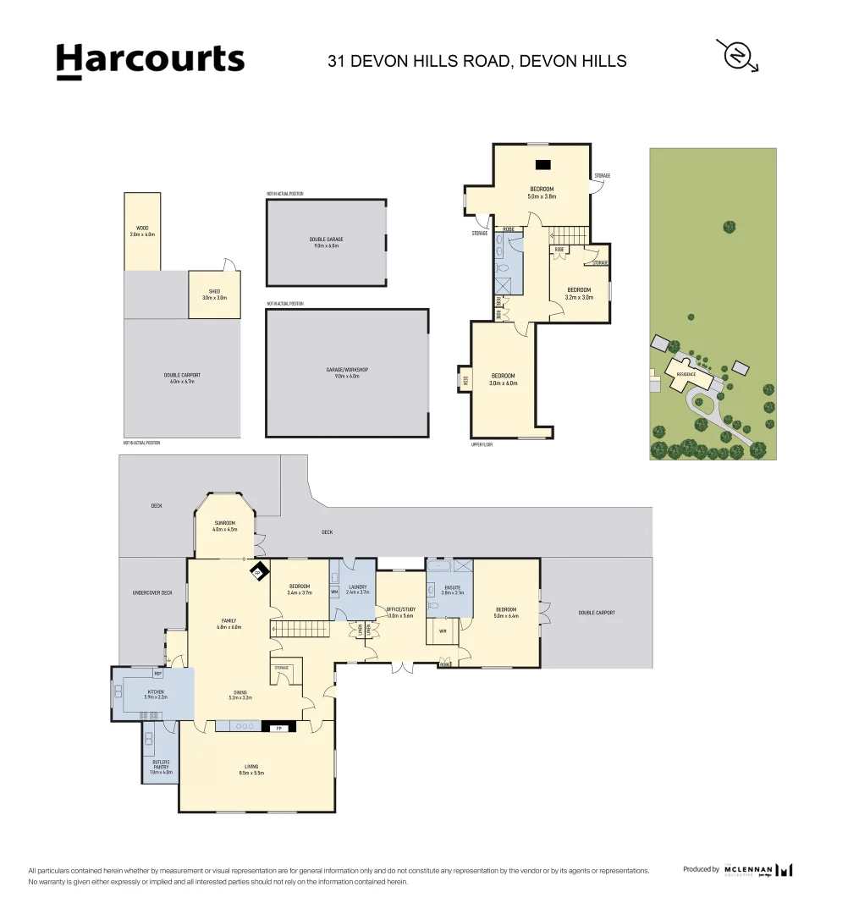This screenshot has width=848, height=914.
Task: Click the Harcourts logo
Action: tap(150, 61)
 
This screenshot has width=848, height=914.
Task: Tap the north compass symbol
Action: tap(737, 56)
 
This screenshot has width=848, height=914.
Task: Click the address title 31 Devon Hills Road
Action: tap(477, 61)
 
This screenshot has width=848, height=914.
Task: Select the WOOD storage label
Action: tap(142, 230)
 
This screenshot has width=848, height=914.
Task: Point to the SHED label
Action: tap(214, 294)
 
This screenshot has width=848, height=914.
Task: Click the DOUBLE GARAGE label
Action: tap(326, 242)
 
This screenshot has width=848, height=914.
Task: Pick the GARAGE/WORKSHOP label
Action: tap(347, 372)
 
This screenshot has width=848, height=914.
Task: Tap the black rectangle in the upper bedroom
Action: tap(542, 165)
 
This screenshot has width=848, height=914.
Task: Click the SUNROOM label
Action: tap(225, 526)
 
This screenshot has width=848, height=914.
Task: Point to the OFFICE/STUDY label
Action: tap(399, 611)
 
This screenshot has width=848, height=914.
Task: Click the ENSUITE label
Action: tap(453, 589)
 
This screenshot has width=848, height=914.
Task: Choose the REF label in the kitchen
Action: tap(157, 674)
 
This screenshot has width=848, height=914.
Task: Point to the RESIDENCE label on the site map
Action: tap(686, 373)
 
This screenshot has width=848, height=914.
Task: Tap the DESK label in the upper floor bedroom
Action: tap(465, 379)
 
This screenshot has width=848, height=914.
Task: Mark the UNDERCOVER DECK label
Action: tap(153, 592)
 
